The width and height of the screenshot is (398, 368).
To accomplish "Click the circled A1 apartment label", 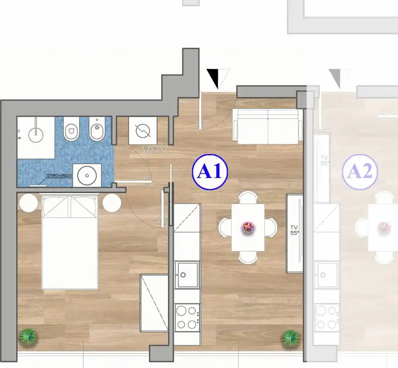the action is click(210, 172).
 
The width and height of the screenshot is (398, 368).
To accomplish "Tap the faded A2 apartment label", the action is click(360, 172).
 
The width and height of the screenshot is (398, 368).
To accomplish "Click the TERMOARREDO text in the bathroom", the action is click(59, 176).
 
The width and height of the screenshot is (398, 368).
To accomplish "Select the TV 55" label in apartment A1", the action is click(294, 230).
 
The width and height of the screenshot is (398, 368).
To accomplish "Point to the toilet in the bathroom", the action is click(71, 129).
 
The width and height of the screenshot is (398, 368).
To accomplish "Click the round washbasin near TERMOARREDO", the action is click(87, 176).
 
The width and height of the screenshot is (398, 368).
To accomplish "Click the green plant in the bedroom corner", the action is click(28, 336).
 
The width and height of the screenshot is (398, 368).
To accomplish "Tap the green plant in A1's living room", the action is click(291, 338).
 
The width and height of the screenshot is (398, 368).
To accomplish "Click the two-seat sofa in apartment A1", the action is click(268, 127).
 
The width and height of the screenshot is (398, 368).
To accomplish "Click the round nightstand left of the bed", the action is click(28, 203).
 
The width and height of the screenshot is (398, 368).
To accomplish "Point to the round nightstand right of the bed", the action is click(112, 203).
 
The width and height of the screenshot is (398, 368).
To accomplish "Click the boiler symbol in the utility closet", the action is click(143, 131).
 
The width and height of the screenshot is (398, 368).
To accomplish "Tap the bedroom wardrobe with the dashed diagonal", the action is click(154, 303).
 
